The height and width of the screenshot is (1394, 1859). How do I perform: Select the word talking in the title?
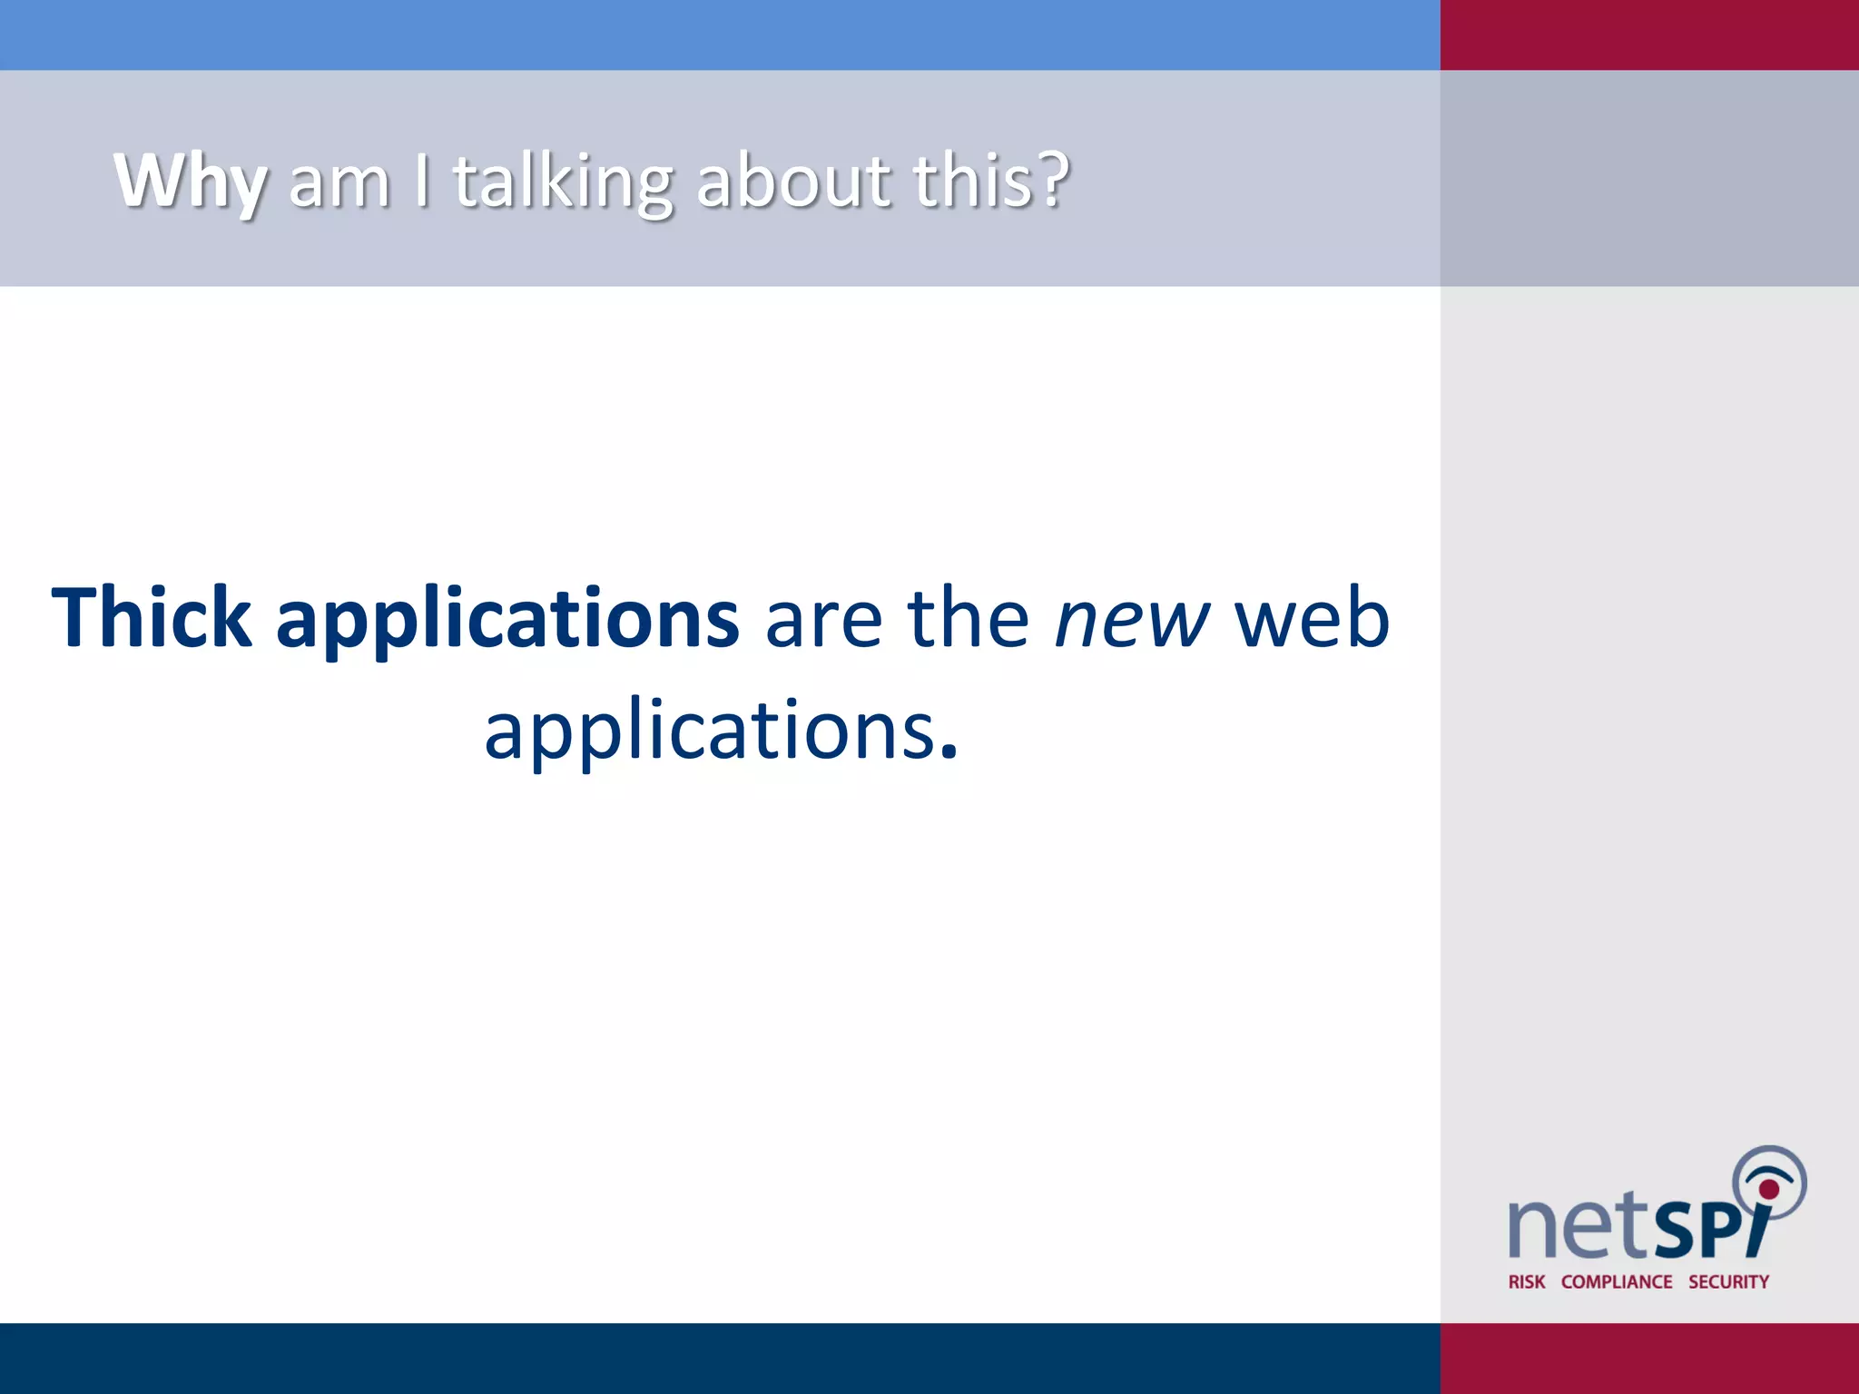tap(563, 182)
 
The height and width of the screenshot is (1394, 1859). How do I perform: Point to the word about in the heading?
tap(793, 182)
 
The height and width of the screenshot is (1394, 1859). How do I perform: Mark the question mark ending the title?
tap(1054, 180)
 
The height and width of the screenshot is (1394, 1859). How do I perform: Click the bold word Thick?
tap(152, 618)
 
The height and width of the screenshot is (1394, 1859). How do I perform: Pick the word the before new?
tap(969, 618)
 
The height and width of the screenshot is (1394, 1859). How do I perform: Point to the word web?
tap(1312, 618)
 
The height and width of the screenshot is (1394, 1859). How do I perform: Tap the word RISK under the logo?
tap(1527, 1281)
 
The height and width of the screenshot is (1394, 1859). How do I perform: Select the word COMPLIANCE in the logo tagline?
tap(1617, 1281)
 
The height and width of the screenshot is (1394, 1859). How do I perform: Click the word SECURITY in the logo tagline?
tap(1728, 1281)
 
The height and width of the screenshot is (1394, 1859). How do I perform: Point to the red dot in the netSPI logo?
tap(1769, 1189)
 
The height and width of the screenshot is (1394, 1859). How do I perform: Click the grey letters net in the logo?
tap(1578, 1227)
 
